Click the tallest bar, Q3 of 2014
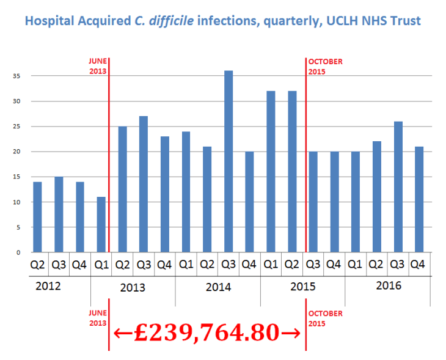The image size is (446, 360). click(228, 161)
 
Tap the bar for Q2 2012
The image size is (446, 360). click(37, 217)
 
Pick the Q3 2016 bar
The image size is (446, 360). click(397, 186)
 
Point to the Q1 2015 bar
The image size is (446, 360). click(271, 172)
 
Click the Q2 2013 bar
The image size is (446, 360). click(122, 189)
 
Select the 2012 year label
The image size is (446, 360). click(48, 285)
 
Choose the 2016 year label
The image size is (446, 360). click(387, 285)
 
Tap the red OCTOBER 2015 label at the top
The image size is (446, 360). click(325, 66)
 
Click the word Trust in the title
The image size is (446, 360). click(404, 21)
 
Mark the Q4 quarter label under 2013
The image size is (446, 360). click(164, 265)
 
